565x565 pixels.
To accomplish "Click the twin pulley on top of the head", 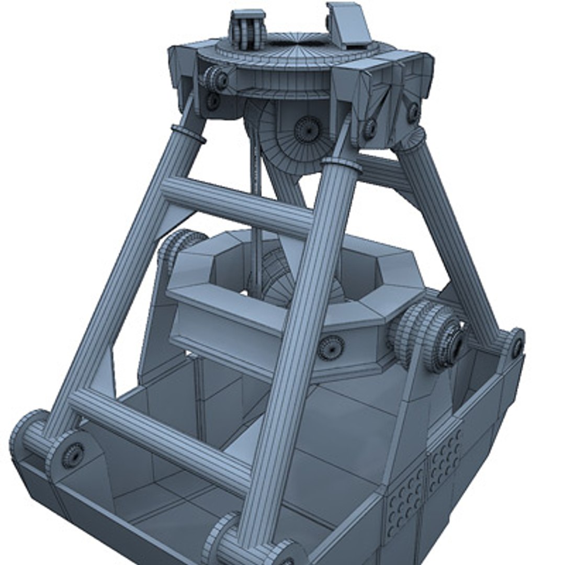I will tap(247, 31).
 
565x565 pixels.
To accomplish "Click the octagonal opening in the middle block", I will tap(293, 272).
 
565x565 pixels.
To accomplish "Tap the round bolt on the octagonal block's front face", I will tap(331, 347).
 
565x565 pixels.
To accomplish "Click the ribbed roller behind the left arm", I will tap(178, 246).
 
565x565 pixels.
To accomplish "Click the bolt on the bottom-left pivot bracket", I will tap(73, 454).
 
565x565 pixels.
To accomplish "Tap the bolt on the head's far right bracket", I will tap(413, 112).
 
